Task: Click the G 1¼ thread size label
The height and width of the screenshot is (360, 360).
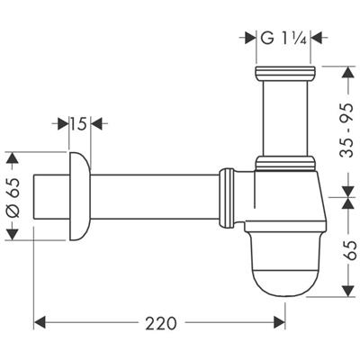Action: pyautogui.click(x=285, y=38)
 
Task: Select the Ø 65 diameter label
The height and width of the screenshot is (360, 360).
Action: pyautogui.click(x=13, y=195)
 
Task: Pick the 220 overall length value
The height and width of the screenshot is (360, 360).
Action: pyautogui.click(x=159, y=321)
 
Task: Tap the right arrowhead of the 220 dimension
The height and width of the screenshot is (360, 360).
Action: pyautogui.click(x=280, y=321)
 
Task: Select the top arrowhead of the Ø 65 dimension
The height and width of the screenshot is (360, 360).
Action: pyautogui.click(x=13, y=157)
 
